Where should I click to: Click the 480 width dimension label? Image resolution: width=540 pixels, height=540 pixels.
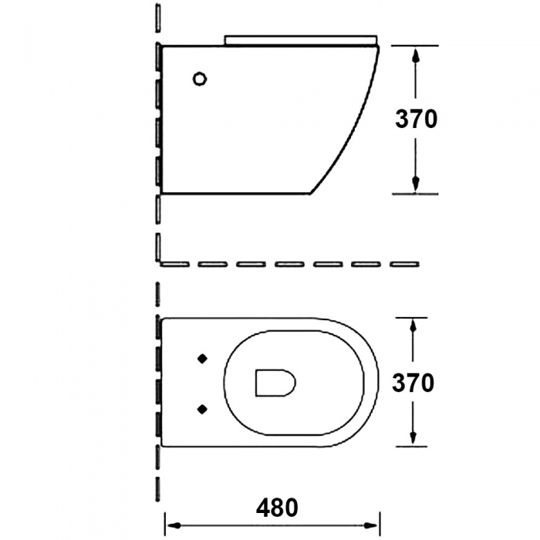tap(277, 508)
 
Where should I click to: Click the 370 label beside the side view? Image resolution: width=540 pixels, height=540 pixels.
tap(416, 119)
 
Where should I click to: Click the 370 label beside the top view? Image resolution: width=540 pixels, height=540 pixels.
tap(413, 383)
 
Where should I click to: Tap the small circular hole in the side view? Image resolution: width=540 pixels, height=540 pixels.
tap(199, 79)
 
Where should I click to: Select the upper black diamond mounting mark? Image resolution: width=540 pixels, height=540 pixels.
tap(202, 359)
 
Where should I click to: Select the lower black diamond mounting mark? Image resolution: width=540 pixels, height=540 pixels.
tap(202, 409)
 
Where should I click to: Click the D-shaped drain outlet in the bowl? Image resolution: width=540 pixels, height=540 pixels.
tap(275, 383)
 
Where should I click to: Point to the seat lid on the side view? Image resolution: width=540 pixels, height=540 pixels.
tap(301, 39)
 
